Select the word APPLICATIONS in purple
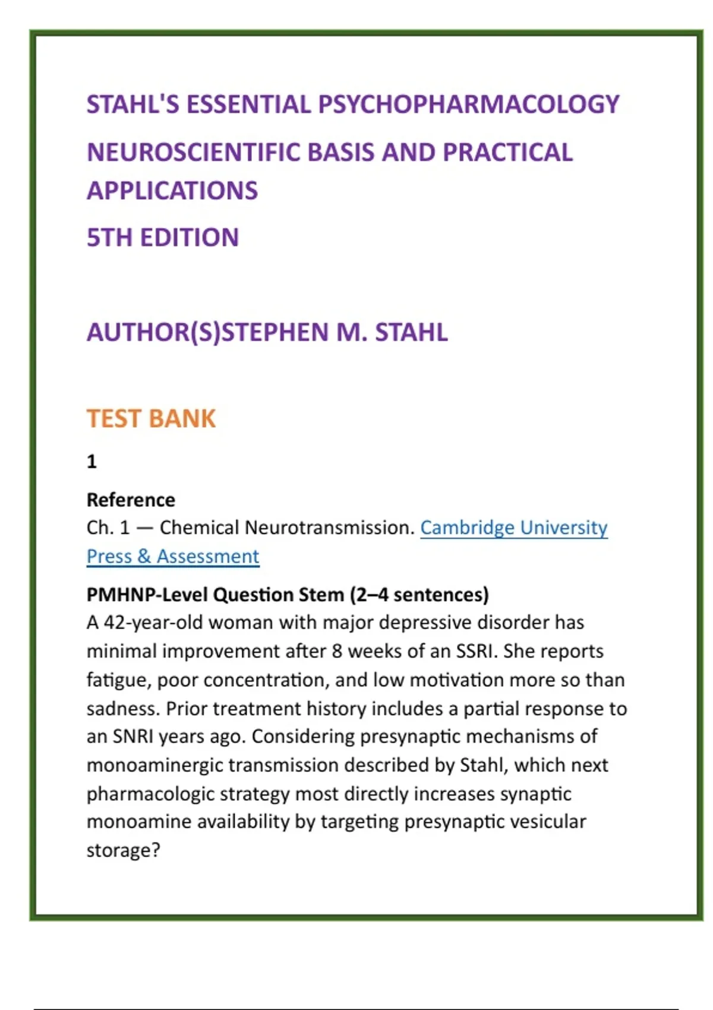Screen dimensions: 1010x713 (x=172, y=191)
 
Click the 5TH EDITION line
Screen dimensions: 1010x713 (x=162, y=238)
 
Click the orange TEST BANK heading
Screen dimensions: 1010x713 (x=151, y=419)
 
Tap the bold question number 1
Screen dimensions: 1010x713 (x=92, y=462)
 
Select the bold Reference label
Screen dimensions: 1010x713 (x=131, y=500)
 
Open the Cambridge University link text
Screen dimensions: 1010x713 (x=513, y=528)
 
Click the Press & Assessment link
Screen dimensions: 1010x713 (x=172, y=557)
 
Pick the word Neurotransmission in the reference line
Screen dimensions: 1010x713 (x=329, y=528)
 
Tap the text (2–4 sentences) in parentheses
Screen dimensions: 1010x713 (x=419, y=595)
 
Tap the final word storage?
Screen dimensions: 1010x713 (x=123, y=851)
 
